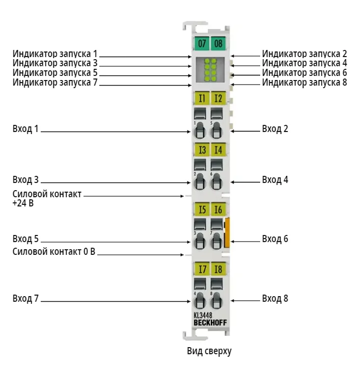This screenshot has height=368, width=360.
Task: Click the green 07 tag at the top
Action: point(202,43)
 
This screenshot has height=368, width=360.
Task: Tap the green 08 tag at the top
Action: point(218,43)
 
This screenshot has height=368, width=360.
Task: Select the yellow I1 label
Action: point(202,98)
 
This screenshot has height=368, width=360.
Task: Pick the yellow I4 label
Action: point(218,149)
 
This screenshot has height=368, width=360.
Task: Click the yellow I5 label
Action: point(202,209)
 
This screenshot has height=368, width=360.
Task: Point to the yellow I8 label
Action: point(218,269)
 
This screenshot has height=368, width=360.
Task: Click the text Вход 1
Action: point(25,129)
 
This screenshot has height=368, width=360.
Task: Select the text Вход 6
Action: point(275,239)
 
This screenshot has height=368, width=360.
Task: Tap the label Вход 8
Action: point(275,298)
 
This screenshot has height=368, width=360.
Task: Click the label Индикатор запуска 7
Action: point(55,83)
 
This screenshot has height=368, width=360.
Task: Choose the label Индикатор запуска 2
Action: point(304,54)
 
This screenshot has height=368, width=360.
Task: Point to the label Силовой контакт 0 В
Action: point(54,252)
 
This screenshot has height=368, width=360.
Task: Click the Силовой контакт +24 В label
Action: point(47,199)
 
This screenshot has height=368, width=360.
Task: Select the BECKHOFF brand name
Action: point(210,323)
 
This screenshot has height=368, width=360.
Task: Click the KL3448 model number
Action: point(203,316)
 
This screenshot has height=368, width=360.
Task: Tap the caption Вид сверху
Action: point(209,351)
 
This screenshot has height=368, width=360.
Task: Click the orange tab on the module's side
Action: point(227,232)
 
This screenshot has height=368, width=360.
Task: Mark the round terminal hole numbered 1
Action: point(199,130)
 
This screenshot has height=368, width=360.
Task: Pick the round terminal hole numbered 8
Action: point(216,300)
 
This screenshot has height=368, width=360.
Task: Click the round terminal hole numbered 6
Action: point(216,181)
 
